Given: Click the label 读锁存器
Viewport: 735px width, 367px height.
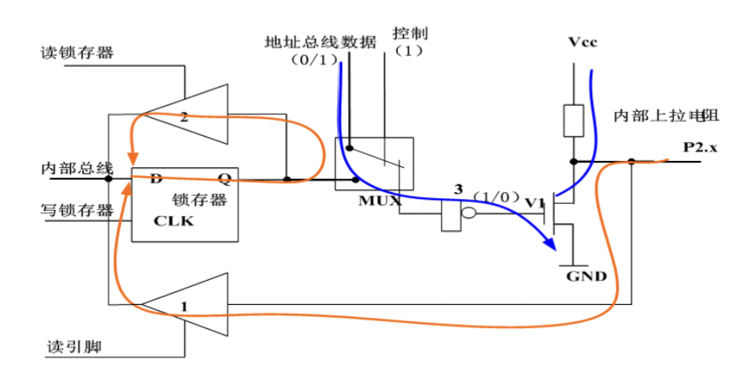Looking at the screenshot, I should (x=77, y=53).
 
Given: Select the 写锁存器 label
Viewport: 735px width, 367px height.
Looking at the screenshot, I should (x=77, y=210).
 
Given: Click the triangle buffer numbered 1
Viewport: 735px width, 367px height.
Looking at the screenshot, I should (x=194, y=306).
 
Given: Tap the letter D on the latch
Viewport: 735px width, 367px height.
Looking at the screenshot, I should (x=156, y=179).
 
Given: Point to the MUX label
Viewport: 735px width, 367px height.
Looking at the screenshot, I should (x=379, y=201).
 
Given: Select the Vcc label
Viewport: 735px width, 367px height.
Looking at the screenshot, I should (x=582, y=42).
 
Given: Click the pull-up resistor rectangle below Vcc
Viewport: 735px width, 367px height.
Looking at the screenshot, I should (x=573, y=121).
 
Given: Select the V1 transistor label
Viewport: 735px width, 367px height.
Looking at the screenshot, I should (x=535, y=203).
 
